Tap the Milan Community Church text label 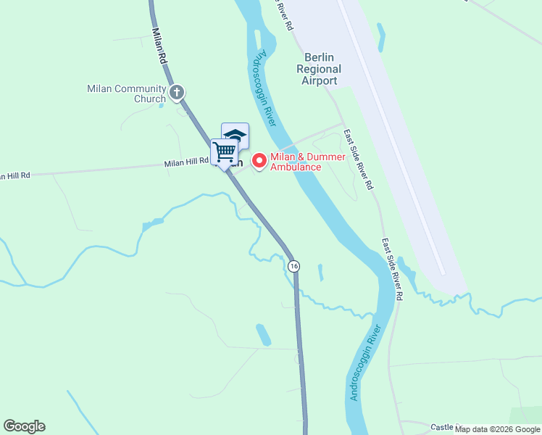[x=126, y=94]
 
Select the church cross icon [x=177, y=92]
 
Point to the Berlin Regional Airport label [x=321, y=69]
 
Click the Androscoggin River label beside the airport [x=265, y=88]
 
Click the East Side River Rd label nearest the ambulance [x=358, y=159]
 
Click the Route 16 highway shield [x=293, y=266]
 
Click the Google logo [x=24, y=426]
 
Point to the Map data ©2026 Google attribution [x=498, y=429]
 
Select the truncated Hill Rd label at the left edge [x=15, y=175]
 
